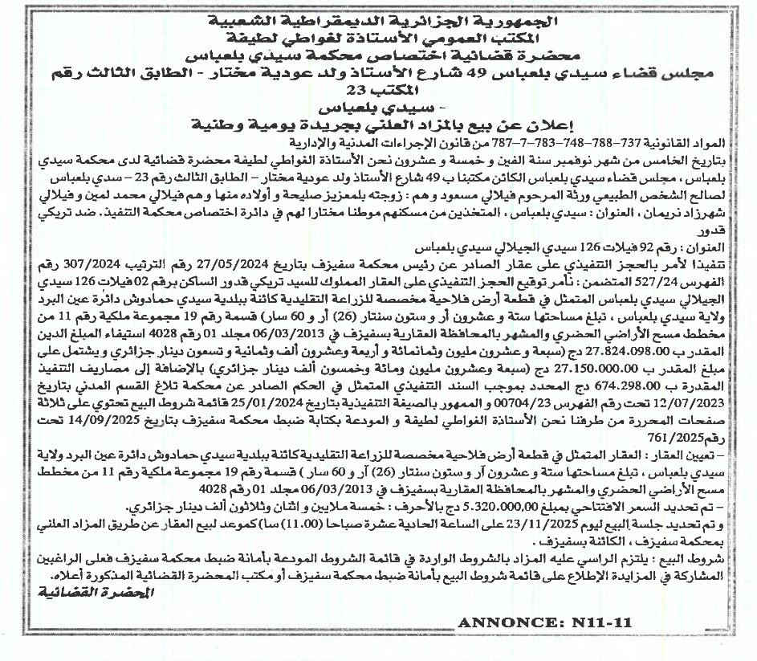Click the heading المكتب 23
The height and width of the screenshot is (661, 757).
[x=378, y=91]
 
